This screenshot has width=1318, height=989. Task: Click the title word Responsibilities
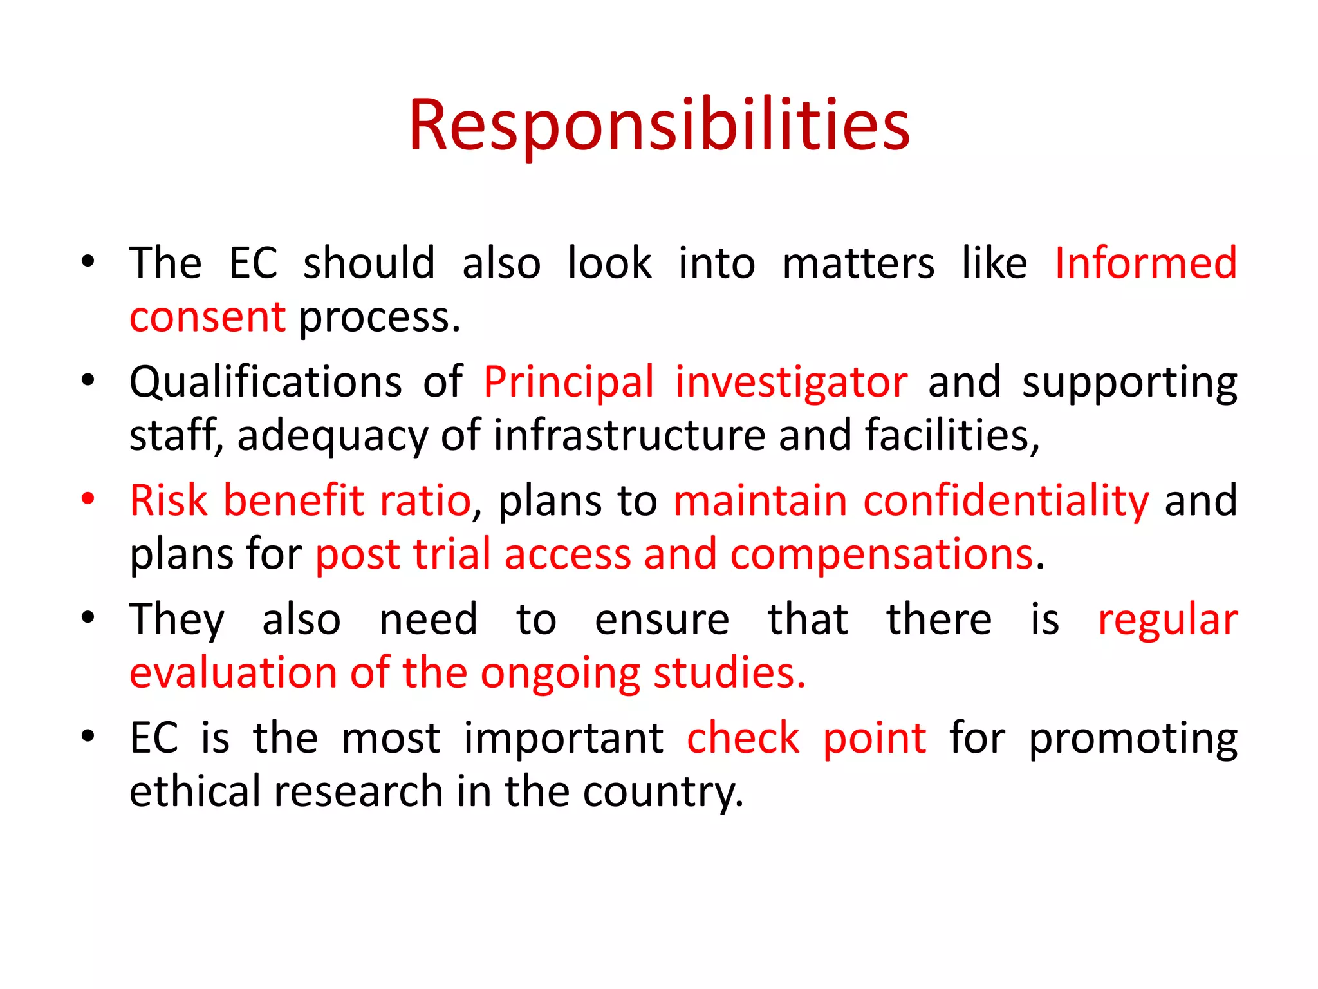point(659,126)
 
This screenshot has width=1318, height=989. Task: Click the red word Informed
point(1146,263)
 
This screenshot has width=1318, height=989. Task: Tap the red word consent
point(207,317)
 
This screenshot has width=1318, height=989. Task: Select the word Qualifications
point(265,382)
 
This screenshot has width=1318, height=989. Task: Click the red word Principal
point(568,382)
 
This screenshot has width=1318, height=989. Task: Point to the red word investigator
point(791,382)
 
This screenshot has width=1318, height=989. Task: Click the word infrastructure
point(629,435)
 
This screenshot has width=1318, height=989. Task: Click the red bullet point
point(88,498)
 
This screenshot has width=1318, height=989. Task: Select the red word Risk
point(169,501)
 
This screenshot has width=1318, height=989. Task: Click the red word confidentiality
point(1005,501)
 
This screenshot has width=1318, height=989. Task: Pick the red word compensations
point(882,554)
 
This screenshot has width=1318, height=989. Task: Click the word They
point(177,620)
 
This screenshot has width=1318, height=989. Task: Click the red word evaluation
point(232,673)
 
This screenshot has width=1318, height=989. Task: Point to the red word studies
point(729,673)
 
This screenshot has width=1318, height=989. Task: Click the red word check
point(743,739)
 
